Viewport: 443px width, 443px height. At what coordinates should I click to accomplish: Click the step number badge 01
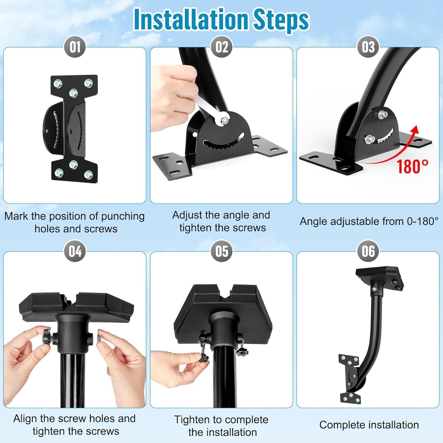tap(75, 47)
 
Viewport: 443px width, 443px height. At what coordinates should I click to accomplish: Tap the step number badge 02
tap(221, 47)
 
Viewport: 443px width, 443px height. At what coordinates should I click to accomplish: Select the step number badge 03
tap(368, 47)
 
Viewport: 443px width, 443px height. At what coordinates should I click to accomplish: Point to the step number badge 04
tap(75, 251)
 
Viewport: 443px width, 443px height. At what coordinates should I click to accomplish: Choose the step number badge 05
tap(221, 251)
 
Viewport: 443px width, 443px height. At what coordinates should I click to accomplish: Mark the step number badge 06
tap(368, 251)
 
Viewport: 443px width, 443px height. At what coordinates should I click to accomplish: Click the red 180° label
tap(412, 166)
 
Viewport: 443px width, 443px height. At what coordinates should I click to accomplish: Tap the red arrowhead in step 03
tap(416, 129)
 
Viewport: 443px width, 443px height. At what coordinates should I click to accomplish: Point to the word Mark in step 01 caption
tap(16, 216)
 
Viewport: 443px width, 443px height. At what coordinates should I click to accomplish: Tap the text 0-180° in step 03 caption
tap(423, 221)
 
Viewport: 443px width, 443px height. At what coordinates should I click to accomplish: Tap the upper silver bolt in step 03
tap(384, 114)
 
